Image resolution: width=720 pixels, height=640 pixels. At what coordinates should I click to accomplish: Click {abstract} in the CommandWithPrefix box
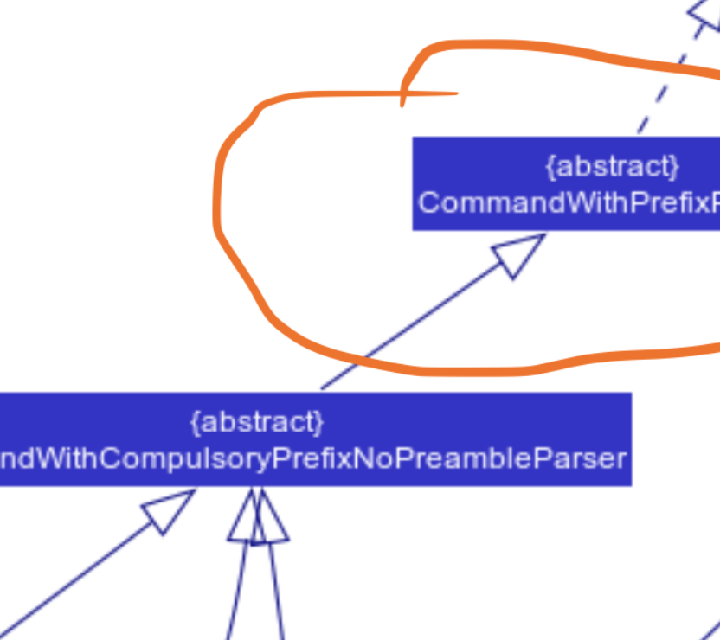tap(612, 165)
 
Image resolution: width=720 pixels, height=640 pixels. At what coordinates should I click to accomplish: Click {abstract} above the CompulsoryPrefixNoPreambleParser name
tap(257, 422)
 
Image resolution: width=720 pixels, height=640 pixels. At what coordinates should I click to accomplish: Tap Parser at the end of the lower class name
tap(587, 458)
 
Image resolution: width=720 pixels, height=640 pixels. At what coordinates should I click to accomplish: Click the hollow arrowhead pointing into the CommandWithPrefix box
tap(517, 255)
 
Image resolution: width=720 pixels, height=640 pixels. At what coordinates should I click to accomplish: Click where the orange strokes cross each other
tap(402, 93)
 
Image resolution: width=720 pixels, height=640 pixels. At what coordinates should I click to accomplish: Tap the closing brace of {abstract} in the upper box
tap(675, 165)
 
